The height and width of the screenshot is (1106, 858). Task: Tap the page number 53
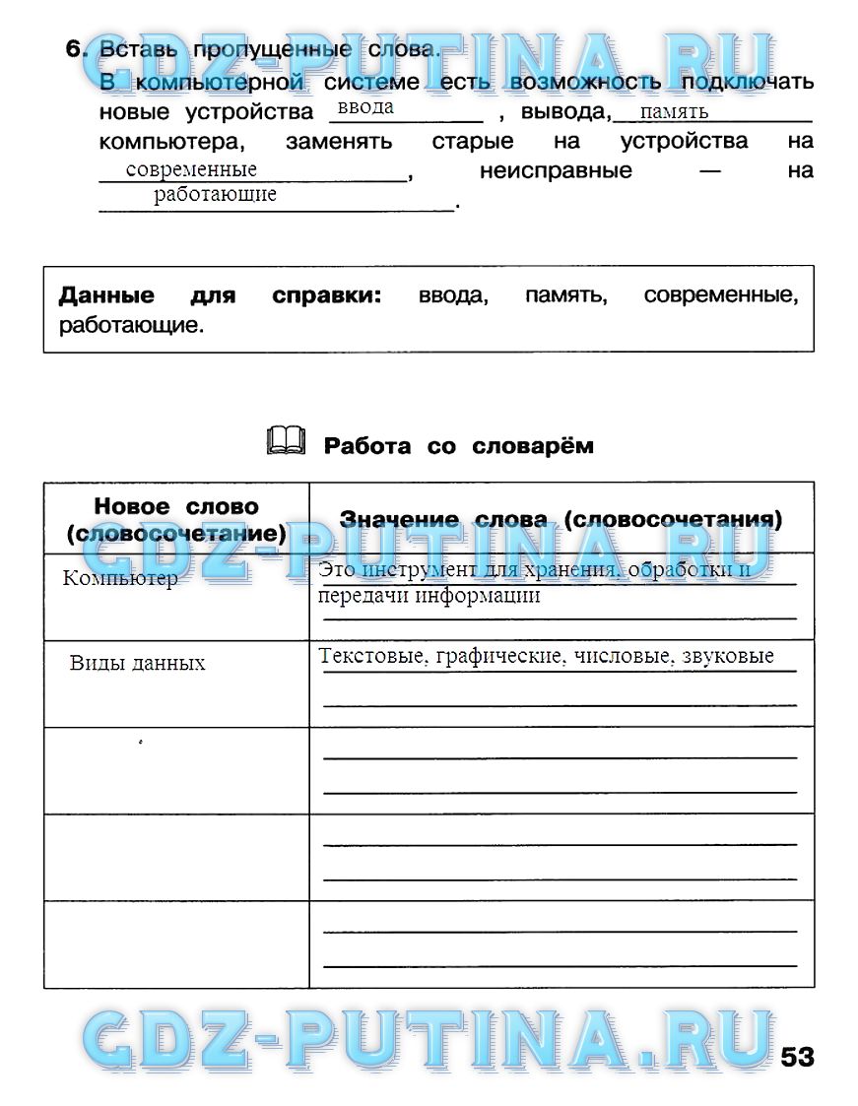tap(797, 1057)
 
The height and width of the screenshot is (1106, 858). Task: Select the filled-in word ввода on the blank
tap(365, 107)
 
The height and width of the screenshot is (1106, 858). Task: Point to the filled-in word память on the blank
tap(674, 111)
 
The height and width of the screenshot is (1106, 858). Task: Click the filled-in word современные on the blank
tap(191, 169)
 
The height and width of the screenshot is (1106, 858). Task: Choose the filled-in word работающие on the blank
tap(215, 194)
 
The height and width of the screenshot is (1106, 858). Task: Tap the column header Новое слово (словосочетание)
tap(176, 520)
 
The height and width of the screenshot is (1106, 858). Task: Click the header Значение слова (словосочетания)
tap(561, 519)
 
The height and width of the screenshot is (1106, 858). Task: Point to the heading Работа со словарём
tap(458, 446)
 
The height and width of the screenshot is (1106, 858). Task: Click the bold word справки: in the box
tap(326, 295)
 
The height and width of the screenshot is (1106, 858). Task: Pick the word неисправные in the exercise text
tap(556, 170)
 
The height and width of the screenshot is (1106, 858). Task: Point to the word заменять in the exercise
tap(339, 141)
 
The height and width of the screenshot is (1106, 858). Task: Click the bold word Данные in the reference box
tap(106, 295)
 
